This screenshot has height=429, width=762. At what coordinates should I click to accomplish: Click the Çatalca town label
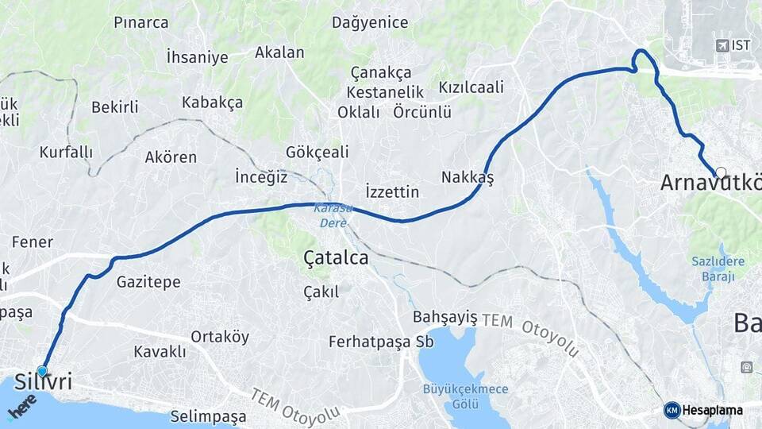(336, 258)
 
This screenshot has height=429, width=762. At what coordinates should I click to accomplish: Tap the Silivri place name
(44, 383)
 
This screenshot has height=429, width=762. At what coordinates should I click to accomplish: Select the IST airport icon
(722, 45)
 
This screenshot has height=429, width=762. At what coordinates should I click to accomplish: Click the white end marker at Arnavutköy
(721, 172)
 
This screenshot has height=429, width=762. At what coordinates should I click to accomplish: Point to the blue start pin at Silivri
(42, 370)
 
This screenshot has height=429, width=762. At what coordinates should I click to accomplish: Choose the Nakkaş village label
(468, 177)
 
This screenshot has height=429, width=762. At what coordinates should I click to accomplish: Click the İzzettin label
(391, 191)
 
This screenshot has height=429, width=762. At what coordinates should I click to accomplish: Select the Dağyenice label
(370, 22)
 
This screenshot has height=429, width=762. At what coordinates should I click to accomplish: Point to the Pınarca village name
(141, 22)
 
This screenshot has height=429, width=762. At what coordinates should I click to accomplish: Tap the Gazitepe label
(148, 281)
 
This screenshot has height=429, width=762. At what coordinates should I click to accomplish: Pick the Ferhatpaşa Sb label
(381, 342)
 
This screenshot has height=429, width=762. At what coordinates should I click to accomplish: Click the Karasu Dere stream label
(333, 215)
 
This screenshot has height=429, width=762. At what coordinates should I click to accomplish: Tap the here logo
(22, 407)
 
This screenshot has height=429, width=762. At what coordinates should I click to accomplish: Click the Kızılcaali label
(471, 87)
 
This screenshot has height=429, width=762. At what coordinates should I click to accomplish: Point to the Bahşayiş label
(445, 317)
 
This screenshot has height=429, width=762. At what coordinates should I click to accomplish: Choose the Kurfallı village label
(66, 152)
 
